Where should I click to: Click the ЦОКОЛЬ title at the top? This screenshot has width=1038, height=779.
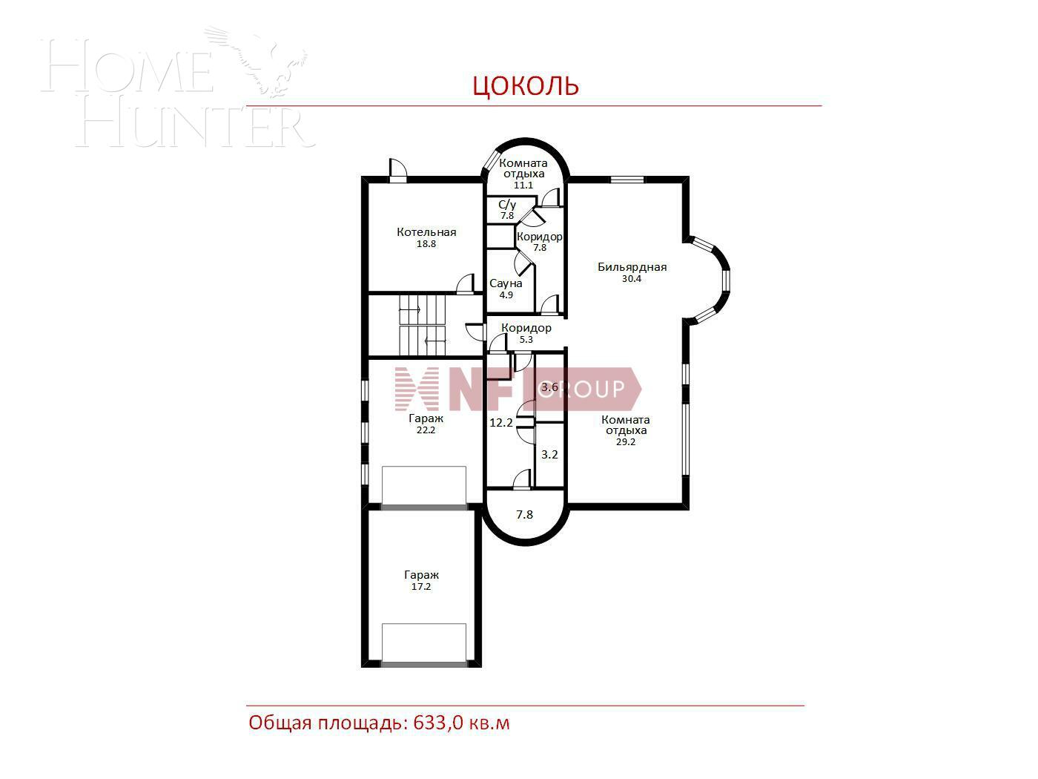coord(526,85)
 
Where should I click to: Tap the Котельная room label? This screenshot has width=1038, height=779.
coord(426,232)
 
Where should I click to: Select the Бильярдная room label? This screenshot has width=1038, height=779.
coord(632,267)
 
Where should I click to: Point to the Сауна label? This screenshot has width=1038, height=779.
coord(506,283)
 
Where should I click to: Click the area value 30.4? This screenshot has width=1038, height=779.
coord(631,279)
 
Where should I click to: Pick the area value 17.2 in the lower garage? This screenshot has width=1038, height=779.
coord(421,587)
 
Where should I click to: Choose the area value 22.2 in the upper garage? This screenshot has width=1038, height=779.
coord(426,430)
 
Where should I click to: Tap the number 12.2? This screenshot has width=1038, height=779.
coord(500,422)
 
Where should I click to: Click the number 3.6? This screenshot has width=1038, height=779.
coord(549,387)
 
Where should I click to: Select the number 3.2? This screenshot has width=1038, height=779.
coord(549,455)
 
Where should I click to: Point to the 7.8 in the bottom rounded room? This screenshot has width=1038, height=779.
coord(524,514)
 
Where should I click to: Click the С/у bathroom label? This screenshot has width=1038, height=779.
coord(507,205)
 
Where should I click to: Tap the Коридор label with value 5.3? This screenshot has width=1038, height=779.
coord(526,328)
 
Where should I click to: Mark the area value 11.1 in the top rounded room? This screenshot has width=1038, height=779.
coord(523,185)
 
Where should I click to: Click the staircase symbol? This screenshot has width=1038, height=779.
coord(423,326)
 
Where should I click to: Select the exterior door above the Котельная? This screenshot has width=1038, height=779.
coord(398,171)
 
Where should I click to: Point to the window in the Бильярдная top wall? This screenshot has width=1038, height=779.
coord(627,180)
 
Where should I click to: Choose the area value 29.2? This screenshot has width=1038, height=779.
coord(626,441)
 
